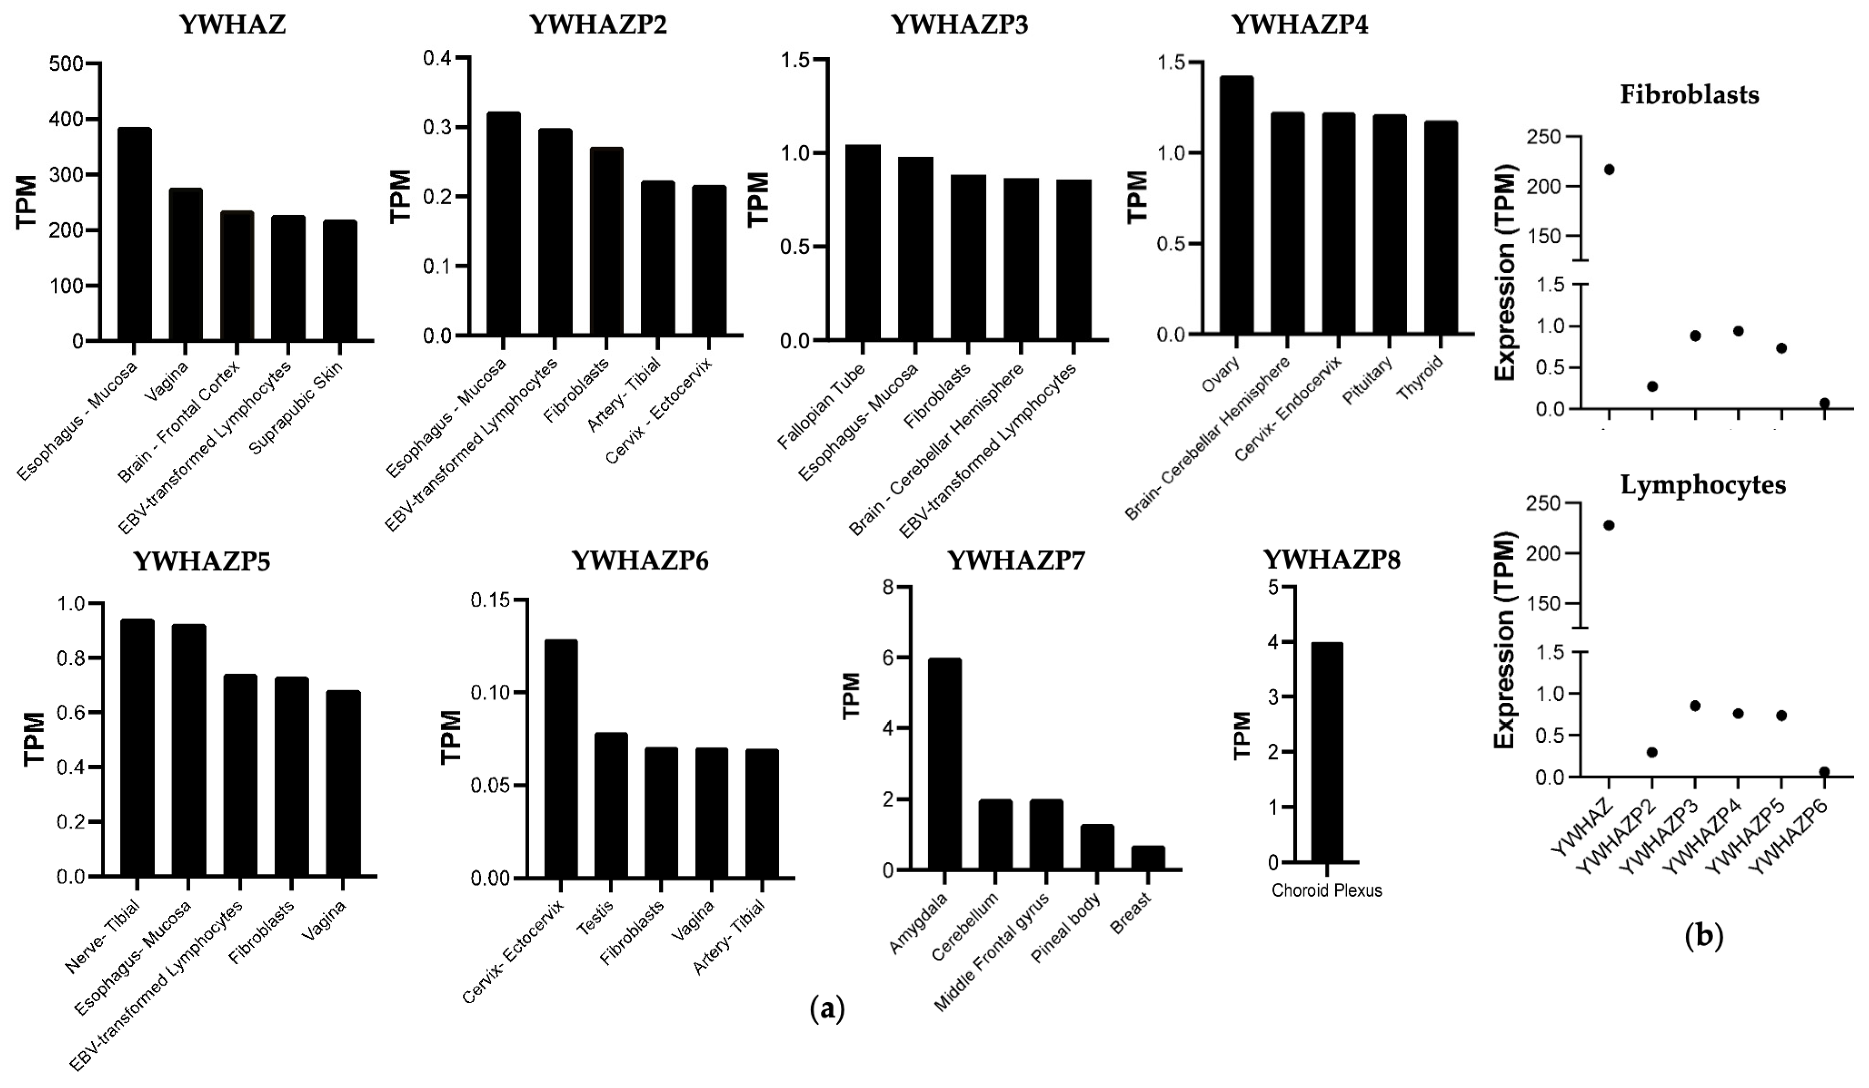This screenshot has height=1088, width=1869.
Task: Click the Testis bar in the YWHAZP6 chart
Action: point(611,805)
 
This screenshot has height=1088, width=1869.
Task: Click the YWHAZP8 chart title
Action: point(1331,560)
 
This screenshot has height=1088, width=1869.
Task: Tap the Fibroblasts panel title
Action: point(1689,95)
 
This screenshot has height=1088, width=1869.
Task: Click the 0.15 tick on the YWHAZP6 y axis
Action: point(494,599)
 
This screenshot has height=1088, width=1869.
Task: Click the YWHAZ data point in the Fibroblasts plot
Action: point(1608,169)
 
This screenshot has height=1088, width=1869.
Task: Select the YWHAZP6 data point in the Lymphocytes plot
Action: point(1824,771)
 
